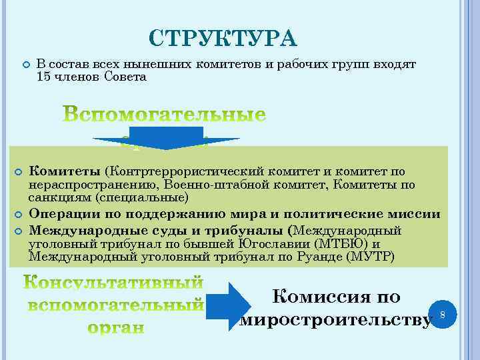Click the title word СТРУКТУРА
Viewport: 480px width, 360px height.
click(223, 39)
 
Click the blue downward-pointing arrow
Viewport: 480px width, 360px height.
click(166, 139)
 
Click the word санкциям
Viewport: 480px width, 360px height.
click(60, 197)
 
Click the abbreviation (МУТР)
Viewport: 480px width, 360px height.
click(370, 256)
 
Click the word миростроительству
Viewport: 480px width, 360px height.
click(335, 320)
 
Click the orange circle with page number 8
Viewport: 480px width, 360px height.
click(443, 313)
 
